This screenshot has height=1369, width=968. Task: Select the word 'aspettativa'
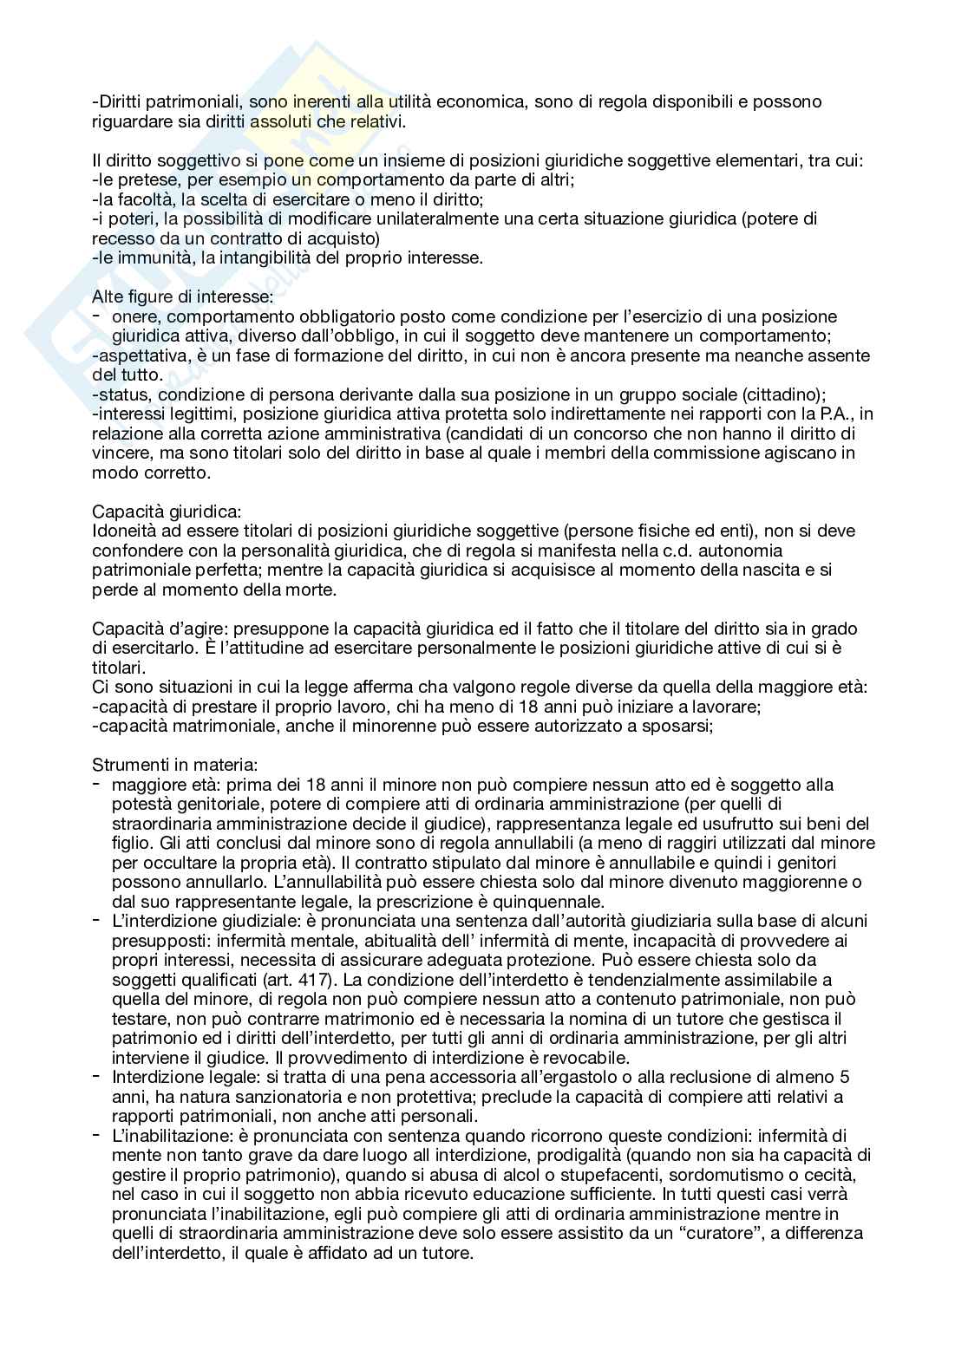pos(134,356)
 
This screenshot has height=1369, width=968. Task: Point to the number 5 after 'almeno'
pos(845,1078)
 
